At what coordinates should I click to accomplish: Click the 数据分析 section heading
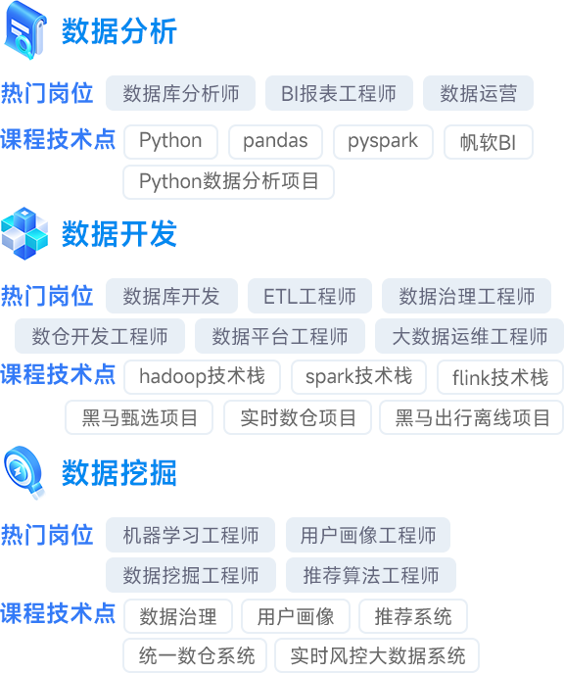119,31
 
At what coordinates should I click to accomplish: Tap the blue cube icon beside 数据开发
24,233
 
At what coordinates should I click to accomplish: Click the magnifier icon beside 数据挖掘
24,472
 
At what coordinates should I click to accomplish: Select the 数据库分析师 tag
180,93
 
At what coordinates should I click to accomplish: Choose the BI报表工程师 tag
339,93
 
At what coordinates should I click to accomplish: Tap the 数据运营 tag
478,93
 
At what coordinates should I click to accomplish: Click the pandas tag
275,142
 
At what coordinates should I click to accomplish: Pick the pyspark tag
383,142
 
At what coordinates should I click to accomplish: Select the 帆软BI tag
489,142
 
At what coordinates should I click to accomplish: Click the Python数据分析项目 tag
228,182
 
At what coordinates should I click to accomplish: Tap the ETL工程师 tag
309,296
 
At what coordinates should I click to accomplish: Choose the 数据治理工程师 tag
467,296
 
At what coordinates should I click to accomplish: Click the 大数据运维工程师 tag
470,336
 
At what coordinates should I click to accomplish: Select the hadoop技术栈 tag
202,377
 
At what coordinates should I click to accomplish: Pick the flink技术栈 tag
500,377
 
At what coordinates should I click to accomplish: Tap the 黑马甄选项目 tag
139,417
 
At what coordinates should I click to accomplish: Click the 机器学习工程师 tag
190,535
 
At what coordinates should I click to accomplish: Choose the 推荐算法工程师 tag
371,575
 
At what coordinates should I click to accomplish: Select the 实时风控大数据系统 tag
377,655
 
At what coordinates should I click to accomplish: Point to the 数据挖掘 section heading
119,473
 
